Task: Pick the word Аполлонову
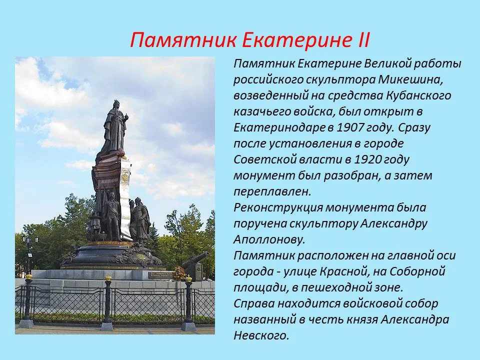click(x=269, y=239)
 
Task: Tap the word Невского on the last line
click(x=261, y=335)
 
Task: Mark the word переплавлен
click(x=272, y=191)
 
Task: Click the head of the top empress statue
click(x=116, y=104)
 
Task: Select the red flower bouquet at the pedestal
click(x=179, y=273)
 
